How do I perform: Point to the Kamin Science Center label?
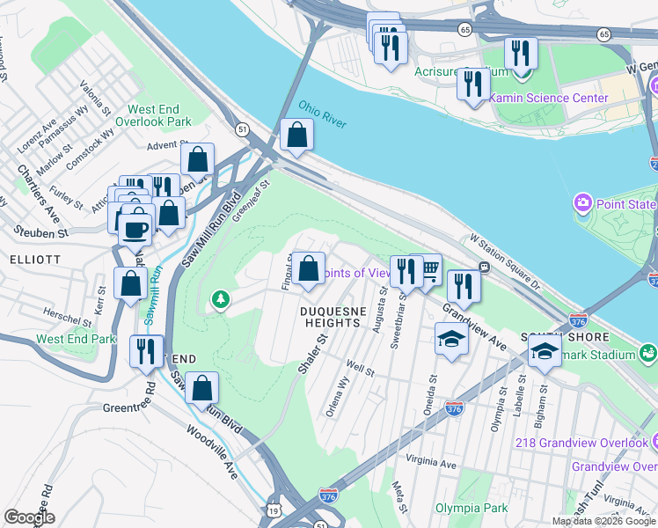click(548, 98)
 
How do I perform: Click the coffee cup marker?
click(135, 229)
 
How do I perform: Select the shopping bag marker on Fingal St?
click(308, 268)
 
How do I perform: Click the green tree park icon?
click(220, 302)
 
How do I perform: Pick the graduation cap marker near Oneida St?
click(451, 339)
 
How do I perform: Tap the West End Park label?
click(76, 339)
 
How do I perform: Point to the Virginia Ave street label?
click(431, 461)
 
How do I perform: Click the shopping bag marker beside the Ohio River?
click(296, 136)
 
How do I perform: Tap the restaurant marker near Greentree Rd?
click(145, 350)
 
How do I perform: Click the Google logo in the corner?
click(30, 517)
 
